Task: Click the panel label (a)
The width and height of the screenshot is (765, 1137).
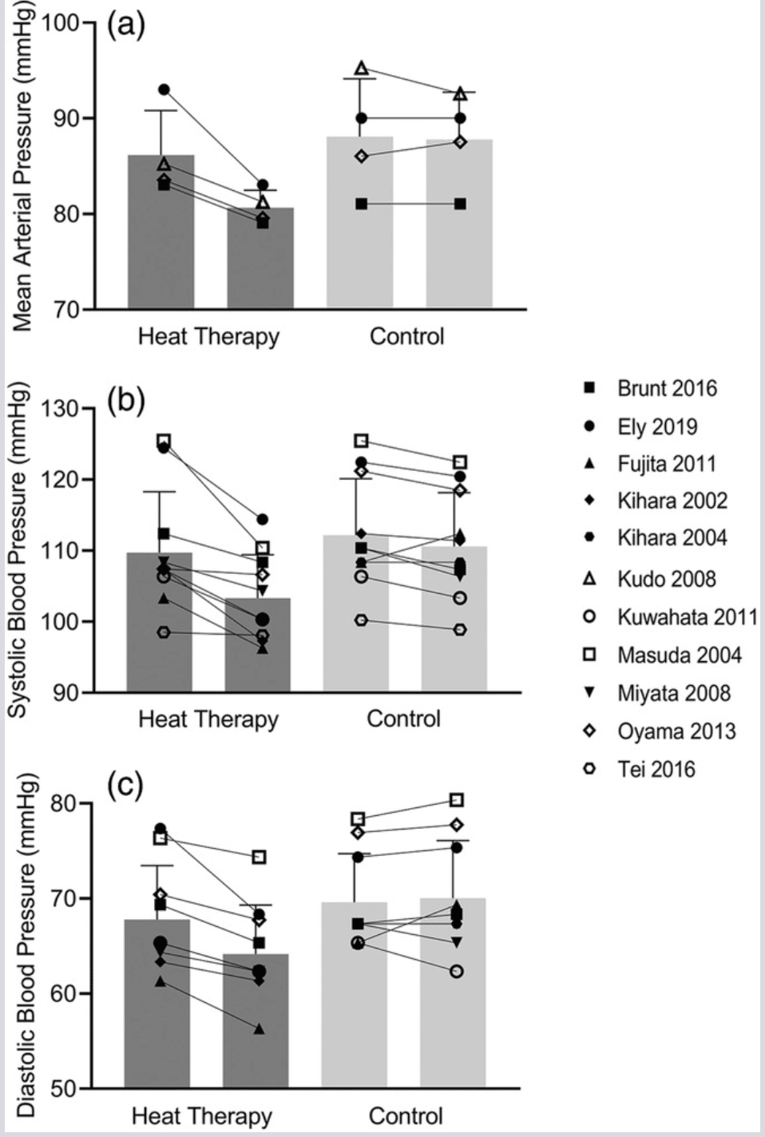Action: (x=126, y=25)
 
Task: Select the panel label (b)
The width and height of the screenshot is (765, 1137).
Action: (x=126, y=400)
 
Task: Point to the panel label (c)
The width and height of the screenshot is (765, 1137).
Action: (x=125, y=785)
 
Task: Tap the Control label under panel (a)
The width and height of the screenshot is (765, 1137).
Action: (x=406, y=336)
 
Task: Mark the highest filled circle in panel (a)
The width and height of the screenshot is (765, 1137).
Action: (x=164, y=90)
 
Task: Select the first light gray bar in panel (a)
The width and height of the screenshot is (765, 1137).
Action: (x=359, y=222)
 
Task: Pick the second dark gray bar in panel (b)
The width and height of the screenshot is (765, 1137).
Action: (x=258, y=644)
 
